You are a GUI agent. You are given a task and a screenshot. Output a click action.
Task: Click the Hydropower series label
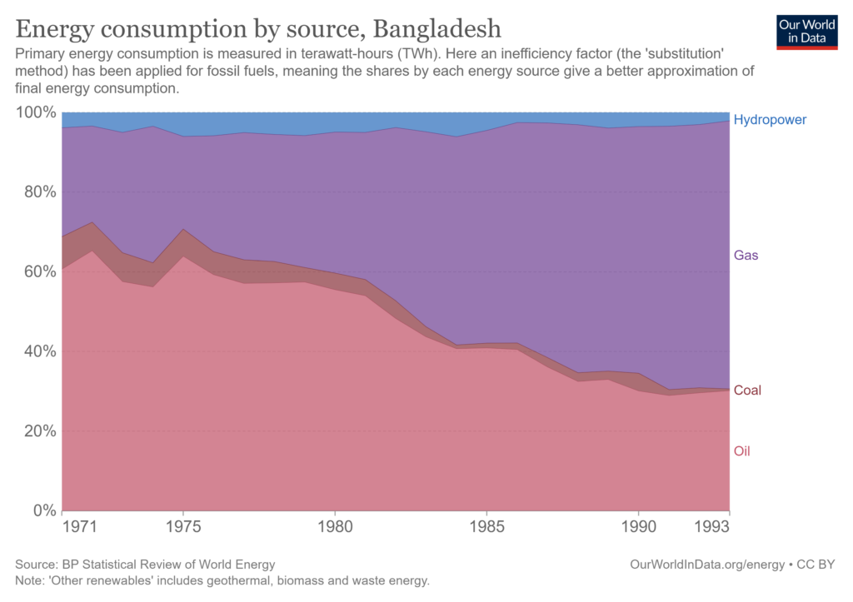(x=770, y=120)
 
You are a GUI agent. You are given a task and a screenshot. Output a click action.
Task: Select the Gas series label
(x=746, y=256)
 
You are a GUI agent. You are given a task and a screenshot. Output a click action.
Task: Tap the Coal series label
(x=747, y=390)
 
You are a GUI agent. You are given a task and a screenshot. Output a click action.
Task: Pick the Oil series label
(x=742, y=451)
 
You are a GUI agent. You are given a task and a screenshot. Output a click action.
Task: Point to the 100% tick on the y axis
(x=36, y=112)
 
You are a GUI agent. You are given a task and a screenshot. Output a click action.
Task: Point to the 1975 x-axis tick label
(x=183, y=529)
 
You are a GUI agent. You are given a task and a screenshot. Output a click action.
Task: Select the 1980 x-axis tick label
(x=335, y=529)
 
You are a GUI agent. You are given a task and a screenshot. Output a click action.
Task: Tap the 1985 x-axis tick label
(x=486, y=529)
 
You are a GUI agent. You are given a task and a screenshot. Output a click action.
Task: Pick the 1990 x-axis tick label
(x=638, y=529)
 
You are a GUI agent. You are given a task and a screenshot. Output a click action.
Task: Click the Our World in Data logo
(x=806, y=31)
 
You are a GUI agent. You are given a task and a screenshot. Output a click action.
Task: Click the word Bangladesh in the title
(x=437, y=29)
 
